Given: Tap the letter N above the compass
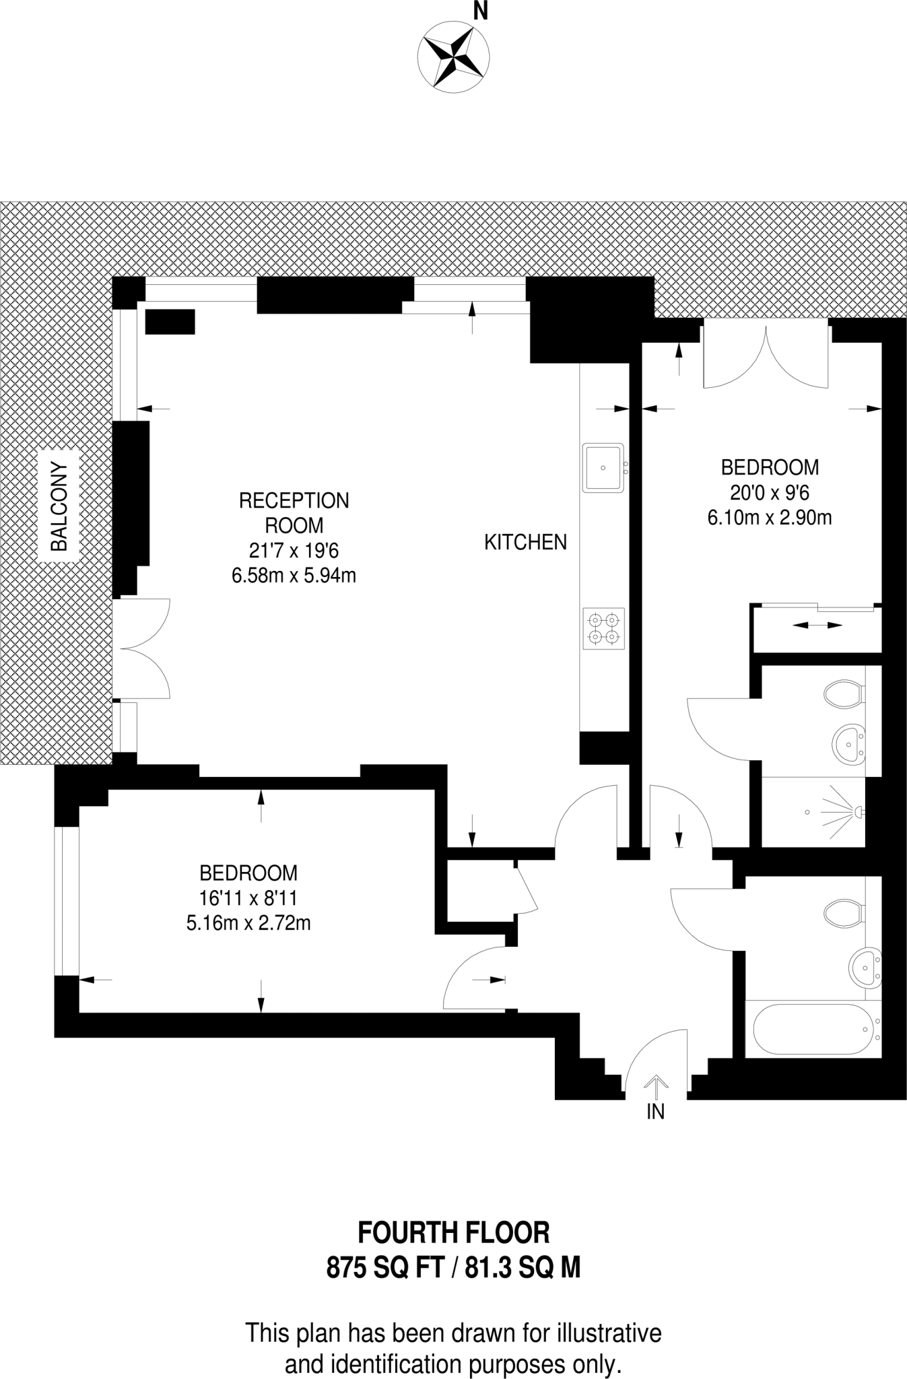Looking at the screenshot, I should pos(480,11).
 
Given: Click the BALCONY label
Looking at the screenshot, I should pos(60,506).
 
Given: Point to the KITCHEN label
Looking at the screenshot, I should pos(525,542).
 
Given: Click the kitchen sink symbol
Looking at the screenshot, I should pos(604,467).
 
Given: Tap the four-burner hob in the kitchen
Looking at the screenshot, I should pos(603,628).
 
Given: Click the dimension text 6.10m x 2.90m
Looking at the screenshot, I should pos(770,518).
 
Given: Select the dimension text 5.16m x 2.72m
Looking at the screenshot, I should pos(248,922).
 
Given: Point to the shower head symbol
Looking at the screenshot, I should pos(856,813).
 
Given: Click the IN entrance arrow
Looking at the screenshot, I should pos(655,1083).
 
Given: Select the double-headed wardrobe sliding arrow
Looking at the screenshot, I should pos(817,626).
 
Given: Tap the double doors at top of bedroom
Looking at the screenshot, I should pos(766,357).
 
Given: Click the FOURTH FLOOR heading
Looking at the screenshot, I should pos(453,1233).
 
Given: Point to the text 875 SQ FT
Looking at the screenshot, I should pos(384,1269).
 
